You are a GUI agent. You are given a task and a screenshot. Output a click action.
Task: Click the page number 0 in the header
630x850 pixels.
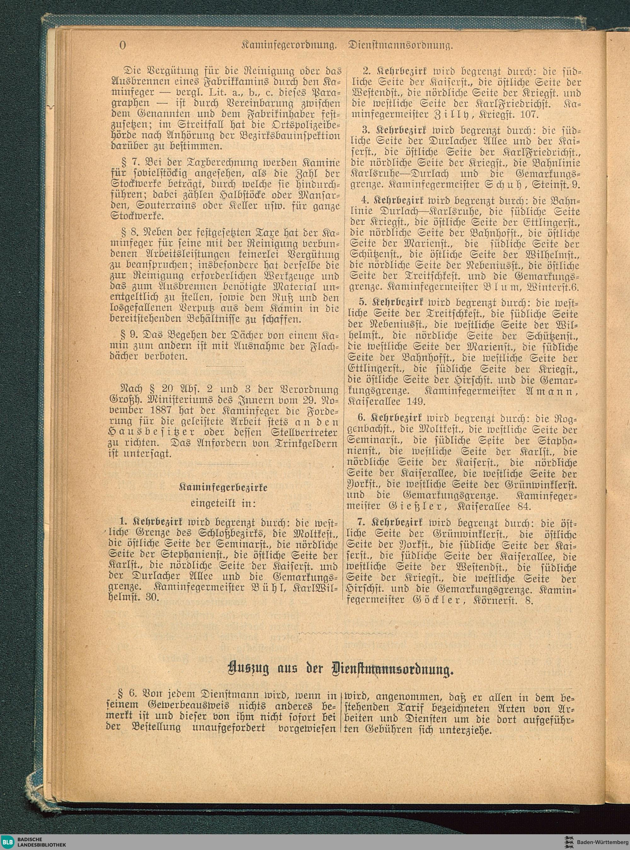click(123, 45)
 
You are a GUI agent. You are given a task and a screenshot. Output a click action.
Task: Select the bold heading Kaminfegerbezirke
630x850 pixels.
click(223, 488)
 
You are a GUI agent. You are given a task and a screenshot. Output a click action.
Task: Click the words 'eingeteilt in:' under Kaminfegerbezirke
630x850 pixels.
click(223, 503)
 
